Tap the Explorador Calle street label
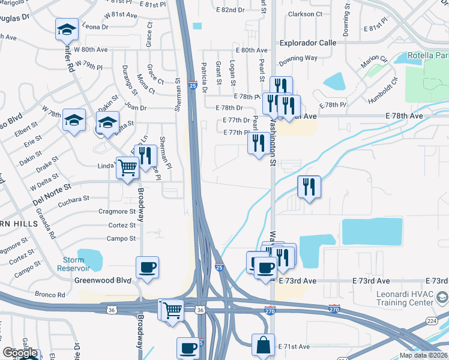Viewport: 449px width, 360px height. (308, 43)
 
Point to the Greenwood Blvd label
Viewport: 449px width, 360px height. (102, 280)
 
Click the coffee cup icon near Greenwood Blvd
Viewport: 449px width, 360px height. (147, 268)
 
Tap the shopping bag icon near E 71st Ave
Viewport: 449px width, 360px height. (263, 346)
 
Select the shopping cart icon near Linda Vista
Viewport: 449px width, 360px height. (127, 169)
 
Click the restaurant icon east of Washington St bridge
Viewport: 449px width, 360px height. (309, 187)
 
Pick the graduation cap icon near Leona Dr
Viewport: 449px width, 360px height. (67, 28)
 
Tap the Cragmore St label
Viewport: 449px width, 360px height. (117, 211)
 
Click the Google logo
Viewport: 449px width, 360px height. (20, 353)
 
